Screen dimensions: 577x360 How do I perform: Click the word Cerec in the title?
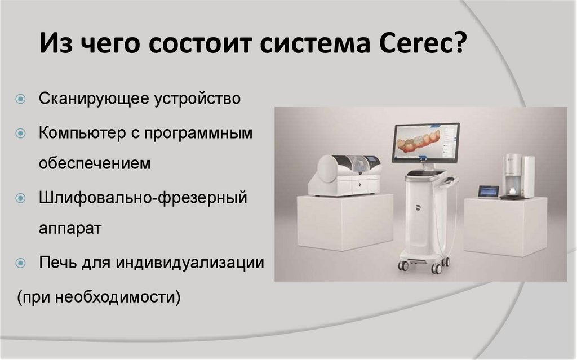pos(415,43)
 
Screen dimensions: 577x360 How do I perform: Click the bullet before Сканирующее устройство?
pos(21,99)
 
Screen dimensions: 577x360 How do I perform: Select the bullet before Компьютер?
pos(21,133)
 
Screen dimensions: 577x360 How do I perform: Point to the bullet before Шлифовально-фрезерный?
pos(21,198)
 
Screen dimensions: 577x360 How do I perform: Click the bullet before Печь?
pos(21,263)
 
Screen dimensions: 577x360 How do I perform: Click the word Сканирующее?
pos(94,99)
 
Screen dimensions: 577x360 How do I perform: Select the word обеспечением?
pos(95,163)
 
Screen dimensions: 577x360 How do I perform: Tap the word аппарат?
pos(70,229)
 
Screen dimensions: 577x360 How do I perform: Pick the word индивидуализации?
pos(190,263)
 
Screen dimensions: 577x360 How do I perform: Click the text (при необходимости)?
pos(99,297)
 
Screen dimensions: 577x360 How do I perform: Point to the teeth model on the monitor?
pos(418,142)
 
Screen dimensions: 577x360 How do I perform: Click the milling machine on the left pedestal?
pos(344,175)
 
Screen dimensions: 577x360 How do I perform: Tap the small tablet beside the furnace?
pos(489,192)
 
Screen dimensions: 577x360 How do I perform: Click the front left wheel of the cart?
pos(403,266)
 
